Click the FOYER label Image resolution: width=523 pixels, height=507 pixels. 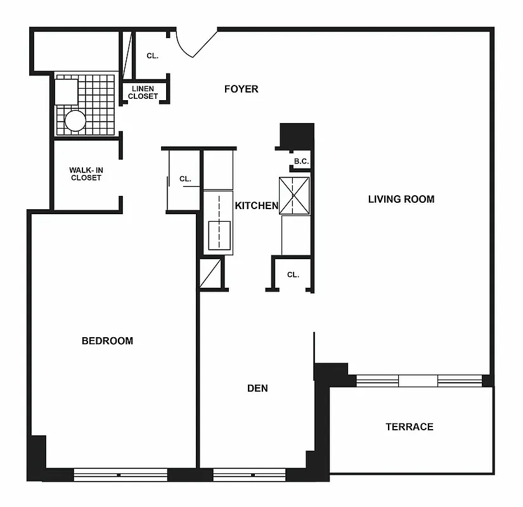241,89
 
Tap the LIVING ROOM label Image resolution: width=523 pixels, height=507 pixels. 401,199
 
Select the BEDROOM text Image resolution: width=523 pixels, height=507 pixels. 107,341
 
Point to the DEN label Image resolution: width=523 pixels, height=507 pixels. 257,388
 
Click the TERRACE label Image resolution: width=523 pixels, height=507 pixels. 410,427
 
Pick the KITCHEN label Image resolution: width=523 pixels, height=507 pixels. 256,205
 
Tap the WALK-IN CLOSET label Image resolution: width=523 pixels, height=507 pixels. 85,174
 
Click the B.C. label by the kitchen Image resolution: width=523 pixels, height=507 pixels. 301,162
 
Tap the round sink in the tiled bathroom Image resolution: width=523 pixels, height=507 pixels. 75,120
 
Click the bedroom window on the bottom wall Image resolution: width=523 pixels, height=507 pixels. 120,475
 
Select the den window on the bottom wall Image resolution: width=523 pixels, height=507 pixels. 252,475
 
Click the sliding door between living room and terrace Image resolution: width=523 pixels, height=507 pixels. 419,381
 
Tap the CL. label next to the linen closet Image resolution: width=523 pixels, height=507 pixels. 152,56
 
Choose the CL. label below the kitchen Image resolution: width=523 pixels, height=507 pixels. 292,274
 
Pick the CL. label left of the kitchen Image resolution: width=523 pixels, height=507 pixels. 185,179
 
